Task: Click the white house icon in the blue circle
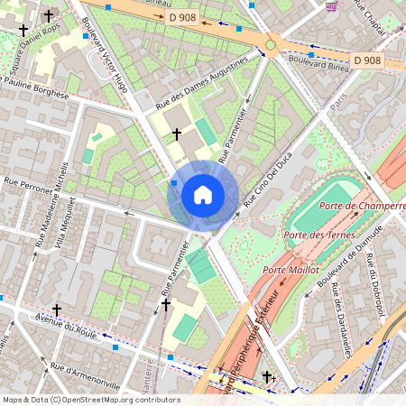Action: (x=203, y=195)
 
